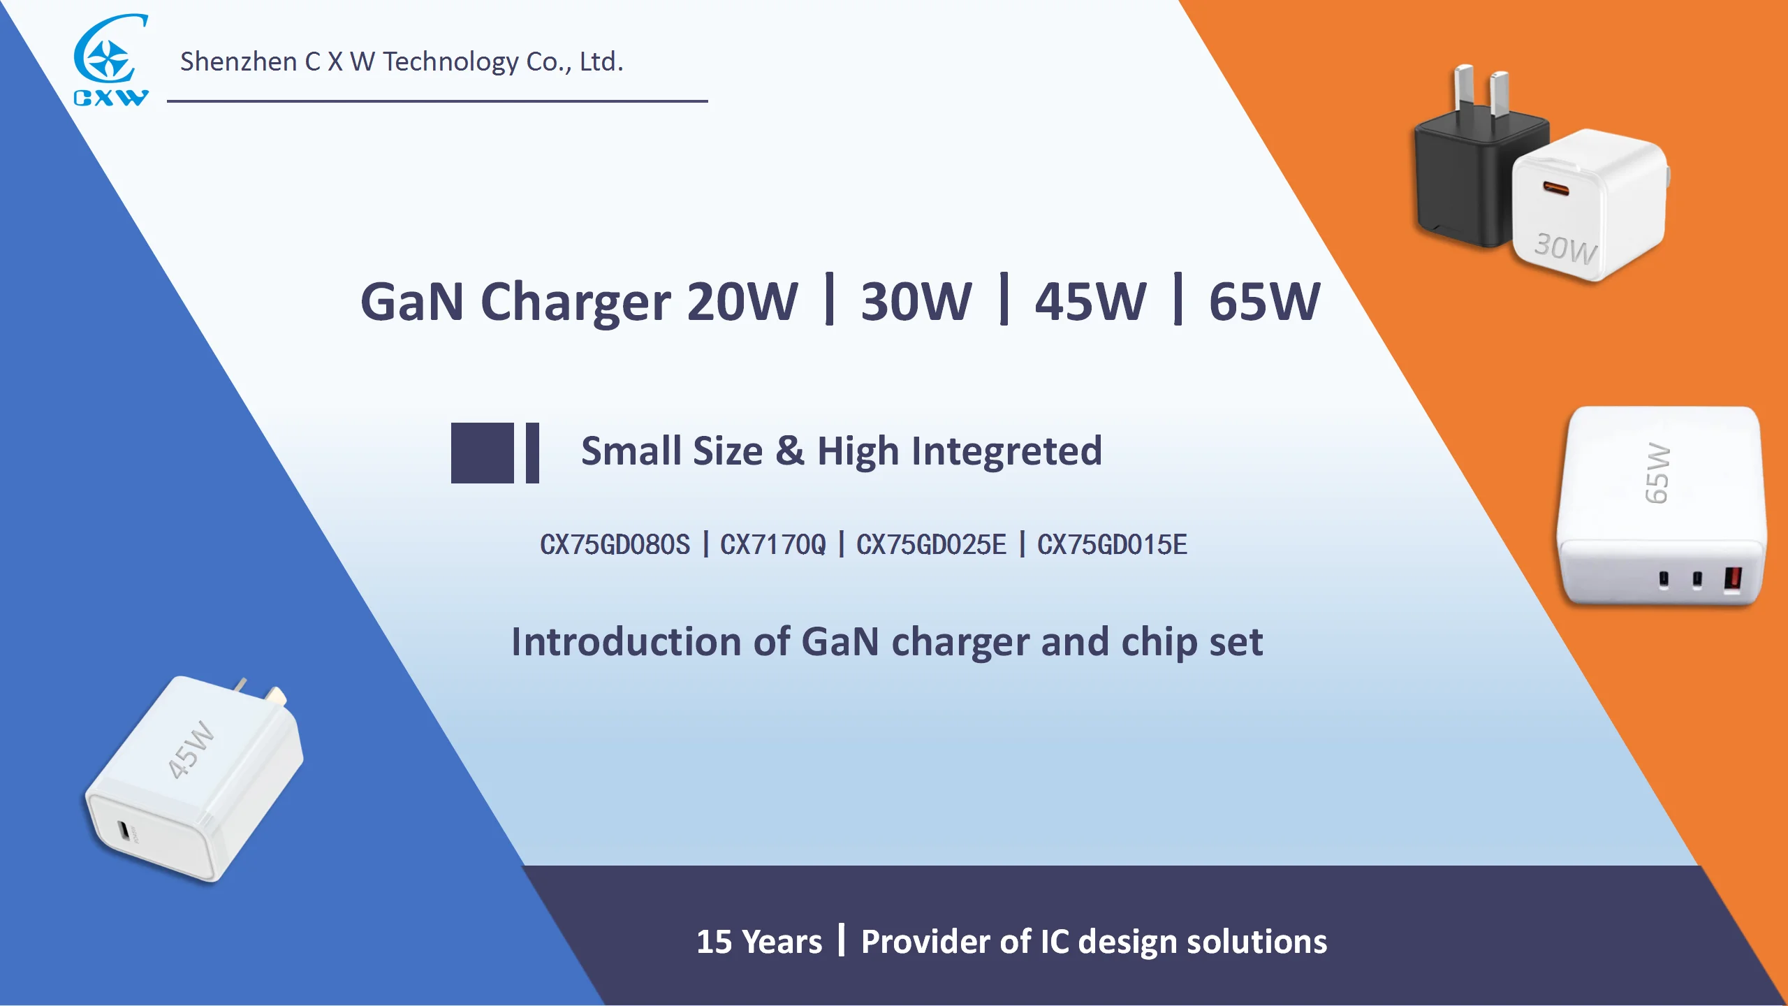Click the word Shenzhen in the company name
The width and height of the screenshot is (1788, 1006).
pos(238,62)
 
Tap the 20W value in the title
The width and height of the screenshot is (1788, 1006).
pos(742,302)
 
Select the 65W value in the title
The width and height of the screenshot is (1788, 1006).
pos(1264,302)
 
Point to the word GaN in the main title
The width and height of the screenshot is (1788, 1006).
pos(412,302)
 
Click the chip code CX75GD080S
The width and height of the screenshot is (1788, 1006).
pos(615,545)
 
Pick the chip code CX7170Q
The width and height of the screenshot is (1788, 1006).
pos(772,545)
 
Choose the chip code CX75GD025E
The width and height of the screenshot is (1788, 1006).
pos(931,545)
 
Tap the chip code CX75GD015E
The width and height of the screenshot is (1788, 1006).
pos(1112,545)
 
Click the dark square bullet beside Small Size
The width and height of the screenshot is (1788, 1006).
pos(482,453)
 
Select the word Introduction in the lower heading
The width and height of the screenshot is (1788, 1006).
pos(626,642)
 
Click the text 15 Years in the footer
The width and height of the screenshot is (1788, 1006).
pos(759,942)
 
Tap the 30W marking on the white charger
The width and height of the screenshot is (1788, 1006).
pos(1565,248)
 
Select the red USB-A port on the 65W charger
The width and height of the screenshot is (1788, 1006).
pos(1733,579)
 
